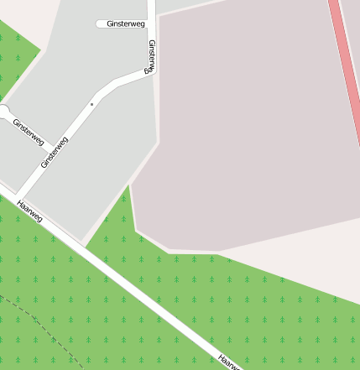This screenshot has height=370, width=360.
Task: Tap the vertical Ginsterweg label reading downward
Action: click(x=151, y=57)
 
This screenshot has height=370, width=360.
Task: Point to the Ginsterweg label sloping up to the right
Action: click(x=55, y=153)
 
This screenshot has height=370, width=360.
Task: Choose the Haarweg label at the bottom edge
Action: click(x=227, y=362)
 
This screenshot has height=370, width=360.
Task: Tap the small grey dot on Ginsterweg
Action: click(x=91, y=104)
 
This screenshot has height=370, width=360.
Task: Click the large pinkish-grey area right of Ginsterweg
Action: click(x=252, y=126)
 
